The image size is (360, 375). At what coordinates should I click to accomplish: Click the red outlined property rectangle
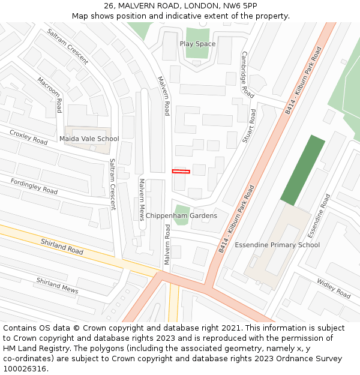point(181,172)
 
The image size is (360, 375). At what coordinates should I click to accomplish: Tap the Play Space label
point(197,44)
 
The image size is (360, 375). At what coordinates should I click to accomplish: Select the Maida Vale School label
point(89,139)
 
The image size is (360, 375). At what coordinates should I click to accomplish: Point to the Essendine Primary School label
point(277,245)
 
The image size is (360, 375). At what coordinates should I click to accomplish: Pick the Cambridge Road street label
point(247,74)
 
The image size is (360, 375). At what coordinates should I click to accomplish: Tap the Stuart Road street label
point(248,126)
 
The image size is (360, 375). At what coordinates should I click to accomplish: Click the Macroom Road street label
point(49,94)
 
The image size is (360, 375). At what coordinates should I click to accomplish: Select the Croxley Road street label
point(28,137)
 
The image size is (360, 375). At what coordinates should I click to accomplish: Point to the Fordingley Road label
point(34,187)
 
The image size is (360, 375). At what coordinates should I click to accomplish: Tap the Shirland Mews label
point(57,285)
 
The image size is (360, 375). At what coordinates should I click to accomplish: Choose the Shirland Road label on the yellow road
point(62,246)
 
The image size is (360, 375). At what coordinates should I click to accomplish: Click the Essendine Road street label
point(319,215)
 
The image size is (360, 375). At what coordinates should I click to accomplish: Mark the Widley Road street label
point(334,289)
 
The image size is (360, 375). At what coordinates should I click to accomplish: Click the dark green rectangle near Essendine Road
point(302,170)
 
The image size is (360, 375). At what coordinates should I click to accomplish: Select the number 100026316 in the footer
point(26,369)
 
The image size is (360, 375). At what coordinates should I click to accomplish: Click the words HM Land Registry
point(33,349)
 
